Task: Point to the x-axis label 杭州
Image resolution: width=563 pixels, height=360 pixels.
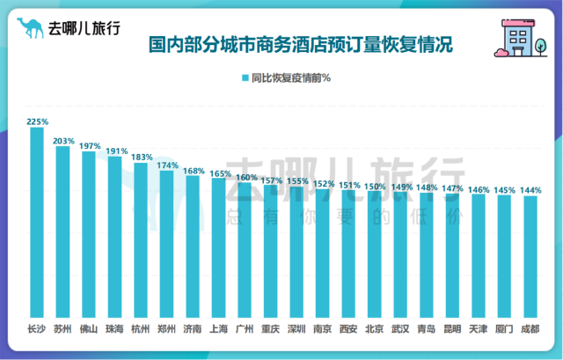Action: pos(141,330)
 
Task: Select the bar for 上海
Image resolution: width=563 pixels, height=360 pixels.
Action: pos(219,247)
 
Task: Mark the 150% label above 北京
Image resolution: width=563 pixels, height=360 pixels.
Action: pos(375,186)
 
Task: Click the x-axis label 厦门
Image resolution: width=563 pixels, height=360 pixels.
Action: pos(504,330)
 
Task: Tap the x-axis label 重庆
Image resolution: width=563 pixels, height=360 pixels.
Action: pos(271,330)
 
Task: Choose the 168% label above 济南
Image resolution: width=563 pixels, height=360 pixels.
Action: pos(194,171)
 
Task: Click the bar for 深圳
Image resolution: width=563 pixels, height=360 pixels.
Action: pos(296,251)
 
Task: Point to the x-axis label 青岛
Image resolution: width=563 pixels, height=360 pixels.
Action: pos(427,330)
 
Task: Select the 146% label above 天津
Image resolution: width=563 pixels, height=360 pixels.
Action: pos(479,189)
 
